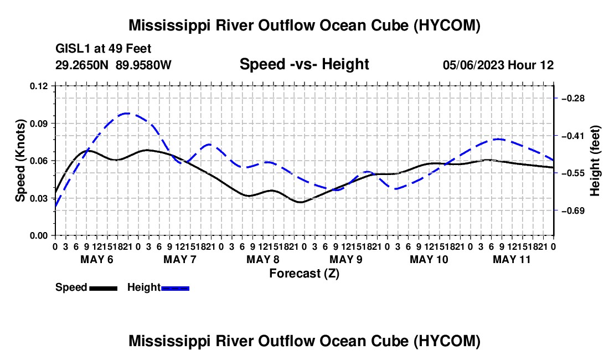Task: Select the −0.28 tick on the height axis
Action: [x=573, y=98]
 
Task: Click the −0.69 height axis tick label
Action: [x=573, y=211]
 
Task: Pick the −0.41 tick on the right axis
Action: [x=573, y=136]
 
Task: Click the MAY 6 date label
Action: [x=97, y=259]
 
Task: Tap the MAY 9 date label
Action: [x=345, y=259]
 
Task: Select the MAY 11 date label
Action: [x=512, y=259]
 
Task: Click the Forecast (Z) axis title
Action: [x=304, y=274]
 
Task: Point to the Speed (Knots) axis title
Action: [x=20, y=161]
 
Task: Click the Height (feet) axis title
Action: [x=595, y=161]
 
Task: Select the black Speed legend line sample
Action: [x=104, y=288]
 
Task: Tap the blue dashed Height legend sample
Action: [x=175, y=288]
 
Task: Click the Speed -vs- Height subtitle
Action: [x=304, y=64]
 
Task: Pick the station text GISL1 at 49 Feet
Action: [x=104, y=49]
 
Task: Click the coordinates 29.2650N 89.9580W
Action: [x=113, y=65]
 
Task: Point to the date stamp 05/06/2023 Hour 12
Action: [x=498, y=65]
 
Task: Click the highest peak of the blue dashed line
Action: [x=126, y=114]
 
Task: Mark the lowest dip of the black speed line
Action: [x=300, y=202]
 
